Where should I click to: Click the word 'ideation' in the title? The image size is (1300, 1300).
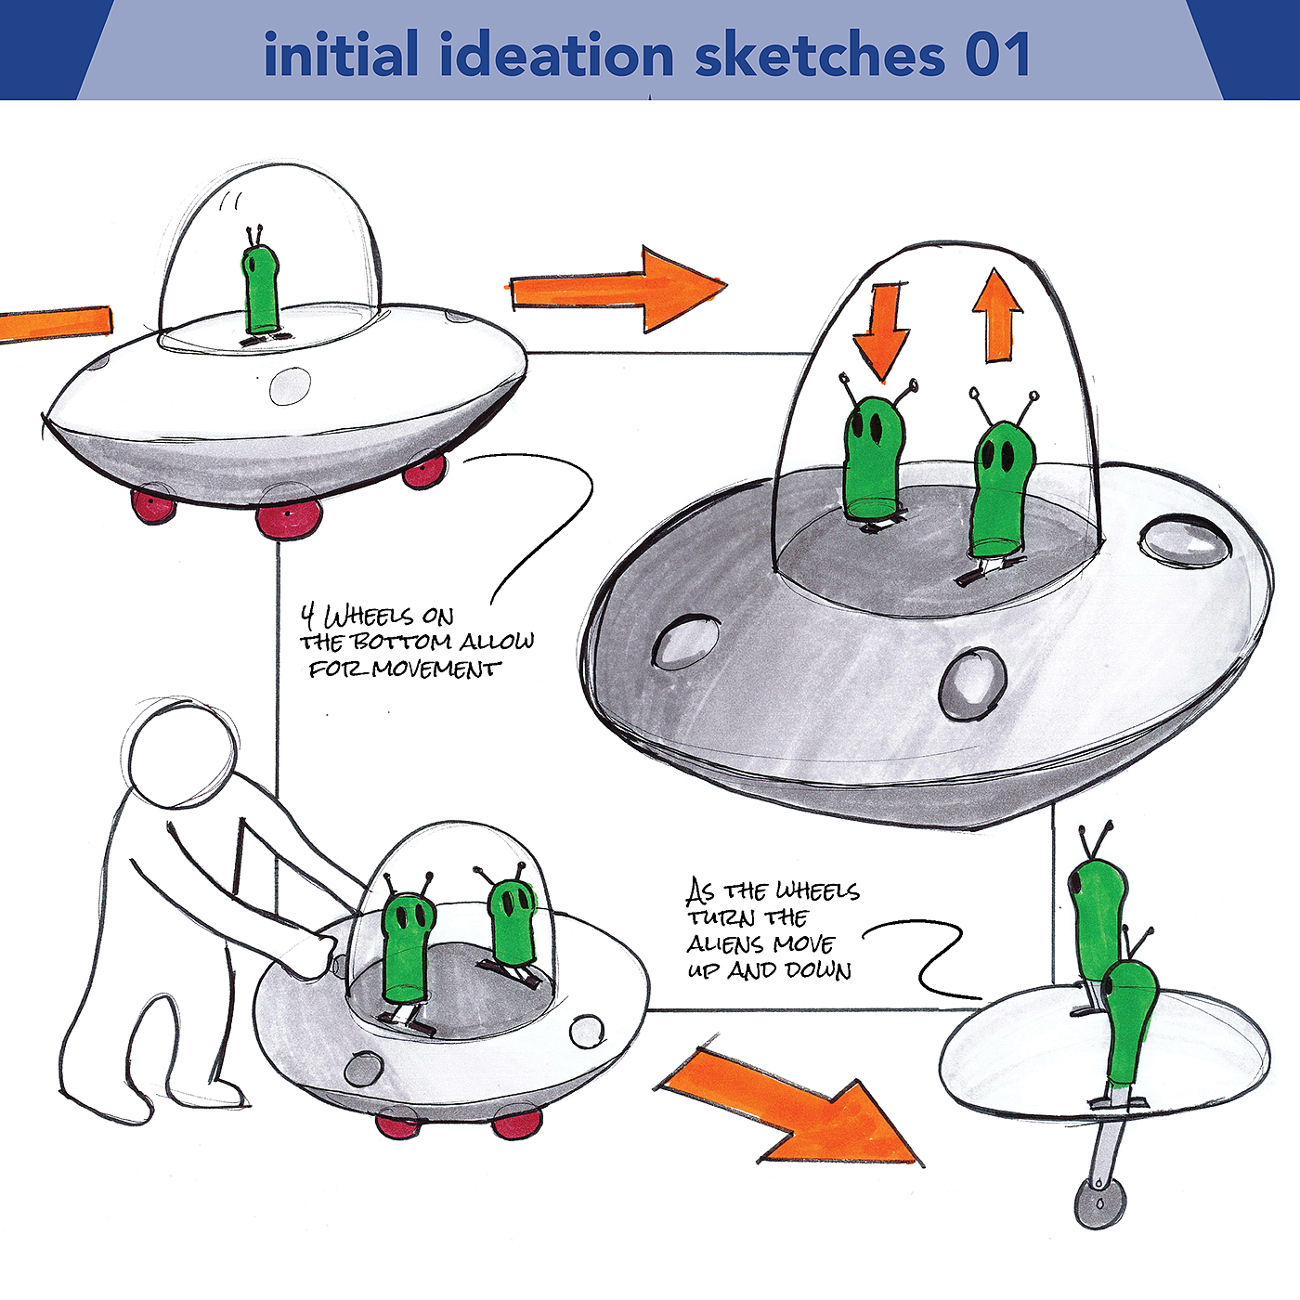(556, 56)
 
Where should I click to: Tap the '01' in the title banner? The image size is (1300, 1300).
(997, 56)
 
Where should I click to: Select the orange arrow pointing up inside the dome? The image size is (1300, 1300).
(997, 316)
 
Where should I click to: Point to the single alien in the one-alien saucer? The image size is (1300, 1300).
(260, 288)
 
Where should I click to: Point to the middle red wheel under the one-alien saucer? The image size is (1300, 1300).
(289, 518)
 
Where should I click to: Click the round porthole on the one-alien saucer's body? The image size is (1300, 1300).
(290, 386)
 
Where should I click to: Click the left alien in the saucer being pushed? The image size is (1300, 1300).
(408, 947)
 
